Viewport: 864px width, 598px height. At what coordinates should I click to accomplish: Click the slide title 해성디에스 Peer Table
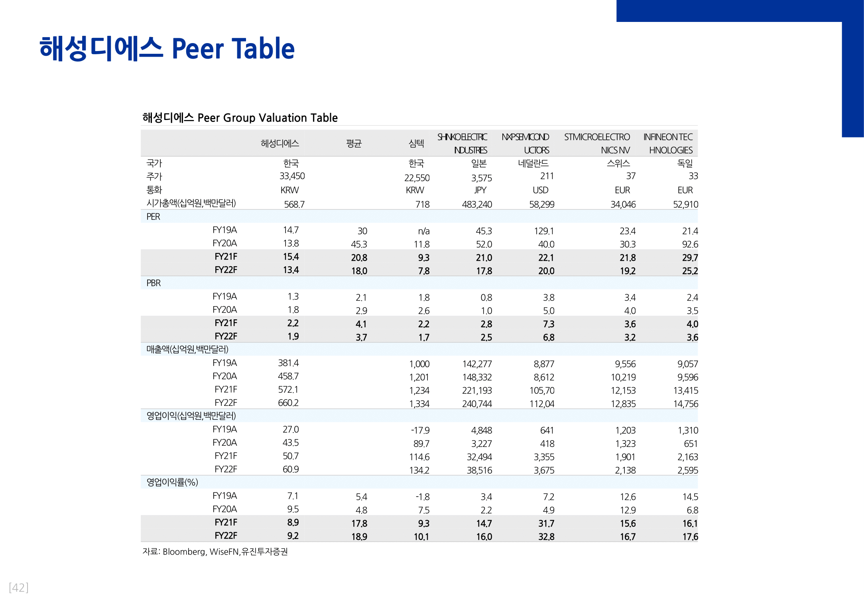pos(167,49)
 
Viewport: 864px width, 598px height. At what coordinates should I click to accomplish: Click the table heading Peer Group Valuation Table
pos(240,118)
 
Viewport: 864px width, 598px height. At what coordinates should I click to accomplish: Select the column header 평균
pos(354,144)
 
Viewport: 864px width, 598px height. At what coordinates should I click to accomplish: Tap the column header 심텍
pos(416,144)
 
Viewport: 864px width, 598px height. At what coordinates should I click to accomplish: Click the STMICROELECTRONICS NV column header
pos(597,144)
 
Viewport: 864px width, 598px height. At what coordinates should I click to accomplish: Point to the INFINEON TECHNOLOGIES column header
pos(668,144)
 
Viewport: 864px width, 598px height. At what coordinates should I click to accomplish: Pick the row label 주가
pos(154,177)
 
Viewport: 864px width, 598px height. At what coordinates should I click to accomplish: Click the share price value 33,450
pos(292,176)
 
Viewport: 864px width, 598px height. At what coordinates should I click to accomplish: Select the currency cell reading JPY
pos(480,190)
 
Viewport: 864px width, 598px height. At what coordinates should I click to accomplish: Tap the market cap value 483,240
pos(477,205)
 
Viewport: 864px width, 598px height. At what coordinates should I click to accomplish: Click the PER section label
pos(153,217)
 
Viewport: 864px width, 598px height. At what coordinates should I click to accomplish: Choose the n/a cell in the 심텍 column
pos(423,231)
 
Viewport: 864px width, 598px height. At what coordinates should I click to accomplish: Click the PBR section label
pos(154,283)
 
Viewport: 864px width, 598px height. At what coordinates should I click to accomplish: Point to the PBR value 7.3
pos(549,324)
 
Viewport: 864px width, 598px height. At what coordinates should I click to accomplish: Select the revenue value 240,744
pos(477,404)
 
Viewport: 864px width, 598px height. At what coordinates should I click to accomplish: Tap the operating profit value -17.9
pos(420,431)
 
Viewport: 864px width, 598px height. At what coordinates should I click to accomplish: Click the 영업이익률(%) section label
pos(172,482)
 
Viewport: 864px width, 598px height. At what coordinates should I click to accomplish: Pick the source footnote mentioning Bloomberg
pos(215,552)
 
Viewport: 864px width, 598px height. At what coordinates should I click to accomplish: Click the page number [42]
pos(19,588)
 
